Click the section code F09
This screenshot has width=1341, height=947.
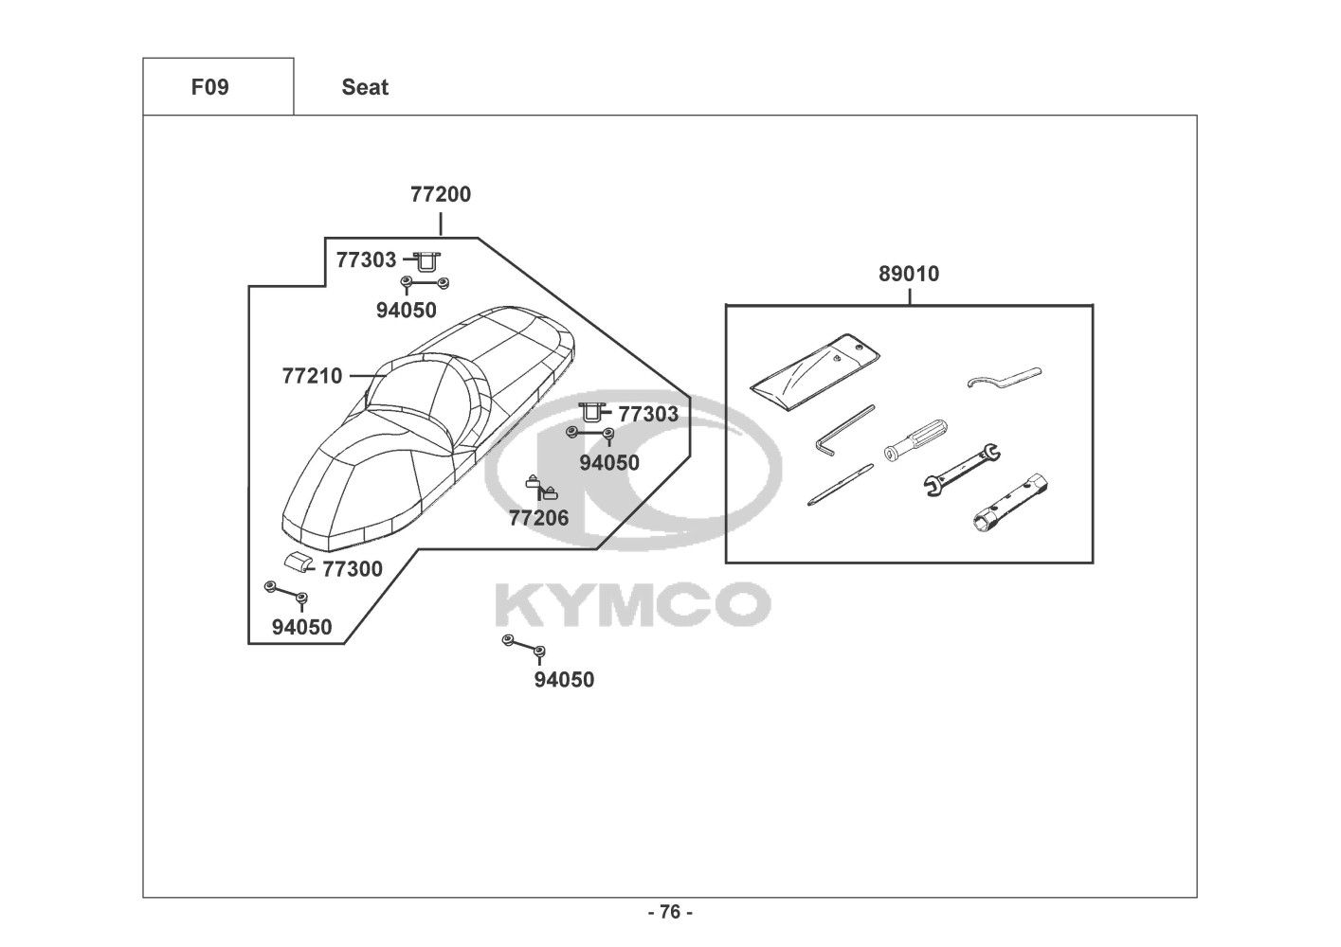(x=209, y=87)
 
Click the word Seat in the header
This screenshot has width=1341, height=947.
(x=365, y=87)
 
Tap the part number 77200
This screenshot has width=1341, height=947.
(x=441, y=194)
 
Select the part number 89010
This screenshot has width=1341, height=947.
(x=909, y=274)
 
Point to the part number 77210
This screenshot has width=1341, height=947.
(x=312, y=376)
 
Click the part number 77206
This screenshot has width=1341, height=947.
(x=539, y=518)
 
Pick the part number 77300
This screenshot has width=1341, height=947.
(x=353, y=569)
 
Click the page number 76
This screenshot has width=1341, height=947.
(x=670, y=912)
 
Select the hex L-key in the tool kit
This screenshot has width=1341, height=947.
(x=843, y=431)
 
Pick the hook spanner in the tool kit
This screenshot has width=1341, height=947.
(x=1004, y=377)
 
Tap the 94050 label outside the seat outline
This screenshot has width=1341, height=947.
(x=564, y=680)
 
